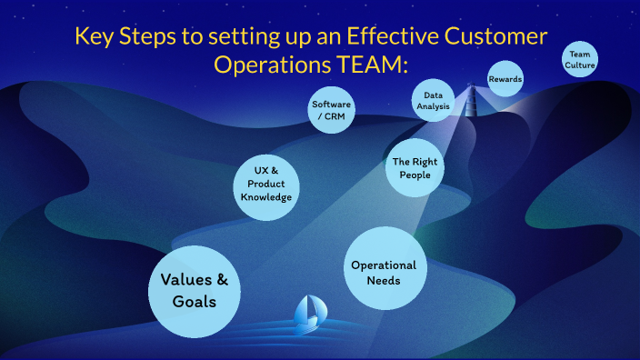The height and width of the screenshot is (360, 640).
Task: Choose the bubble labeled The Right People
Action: [415, 167]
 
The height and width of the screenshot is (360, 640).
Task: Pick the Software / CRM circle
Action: [331, 110]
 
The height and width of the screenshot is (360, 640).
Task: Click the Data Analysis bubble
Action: [434, 99]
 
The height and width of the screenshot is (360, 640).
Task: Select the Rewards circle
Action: [505, 79]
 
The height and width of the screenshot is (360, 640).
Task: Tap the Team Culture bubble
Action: [581, 60]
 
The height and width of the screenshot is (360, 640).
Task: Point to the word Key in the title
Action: [95, 37]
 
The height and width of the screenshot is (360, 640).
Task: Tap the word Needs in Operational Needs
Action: [384, 281]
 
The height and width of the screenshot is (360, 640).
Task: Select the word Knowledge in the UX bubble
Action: [265, 197]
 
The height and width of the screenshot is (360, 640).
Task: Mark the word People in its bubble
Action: [415, 175]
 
